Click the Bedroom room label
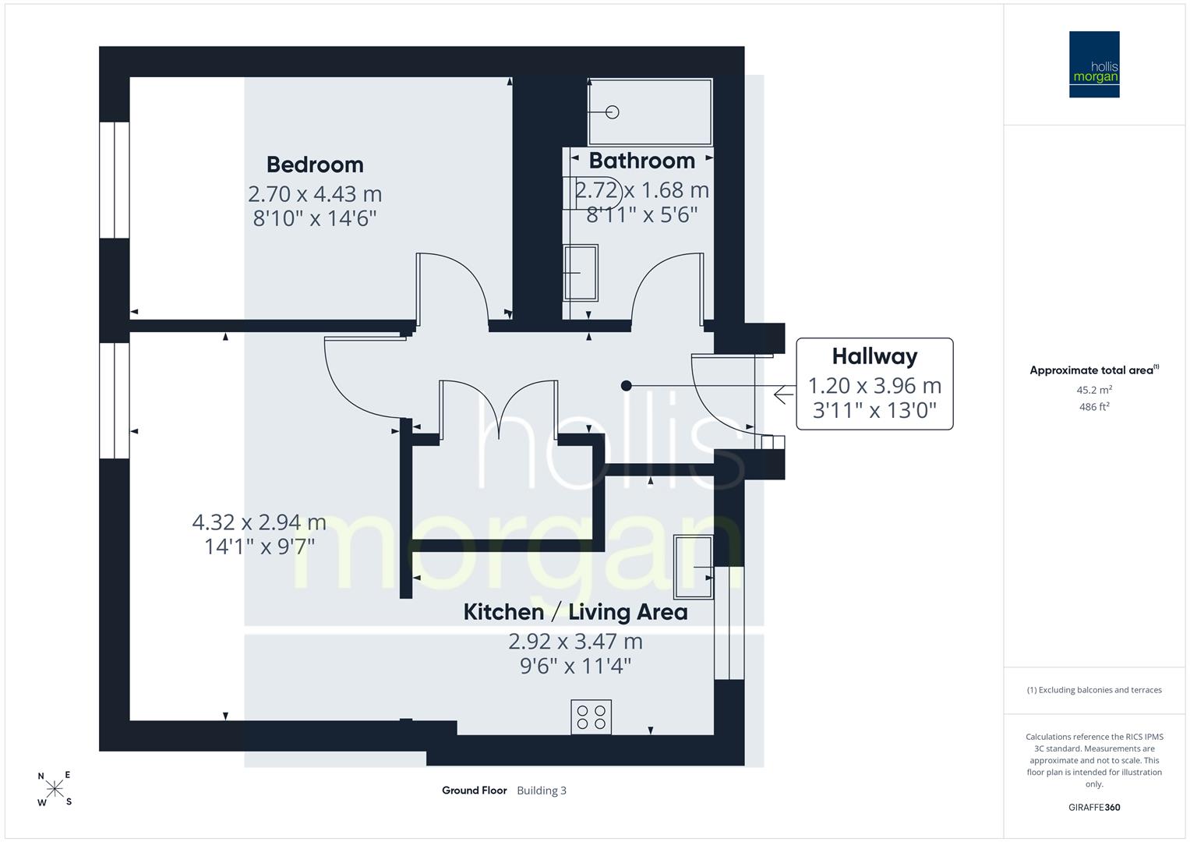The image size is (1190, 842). point(315,165)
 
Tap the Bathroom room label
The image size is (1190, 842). point(641,161)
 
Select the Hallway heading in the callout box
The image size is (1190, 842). point(874,357)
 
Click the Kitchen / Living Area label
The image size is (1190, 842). point(575,612)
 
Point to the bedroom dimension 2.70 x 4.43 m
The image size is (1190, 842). point(315,194)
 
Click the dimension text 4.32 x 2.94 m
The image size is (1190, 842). point(260,522)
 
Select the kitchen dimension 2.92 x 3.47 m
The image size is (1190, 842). point(575,642)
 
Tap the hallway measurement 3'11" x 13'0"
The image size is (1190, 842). point(874,410)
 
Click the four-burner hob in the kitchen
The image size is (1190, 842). point(591,717)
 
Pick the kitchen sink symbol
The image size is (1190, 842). point(694,568)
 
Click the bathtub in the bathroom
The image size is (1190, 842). point(650,112)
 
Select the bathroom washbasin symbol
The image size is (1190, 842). point(581,273)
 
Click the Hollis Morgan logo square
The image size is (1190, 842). point(1094,64)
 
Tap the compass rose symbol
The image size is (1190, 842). point(55,788)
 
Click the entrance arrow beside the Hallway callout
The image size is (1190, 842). point(784,395)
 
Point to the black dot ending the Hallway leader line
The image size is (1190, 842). point(627,386)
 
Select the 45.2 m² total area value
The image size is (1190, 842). point(1094,390)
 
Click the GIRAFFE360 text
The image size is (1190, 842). point(1094,808)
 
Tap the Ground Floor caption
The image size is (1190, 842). point(475,791)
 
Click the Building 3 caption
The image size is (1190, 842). point(542,791)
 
